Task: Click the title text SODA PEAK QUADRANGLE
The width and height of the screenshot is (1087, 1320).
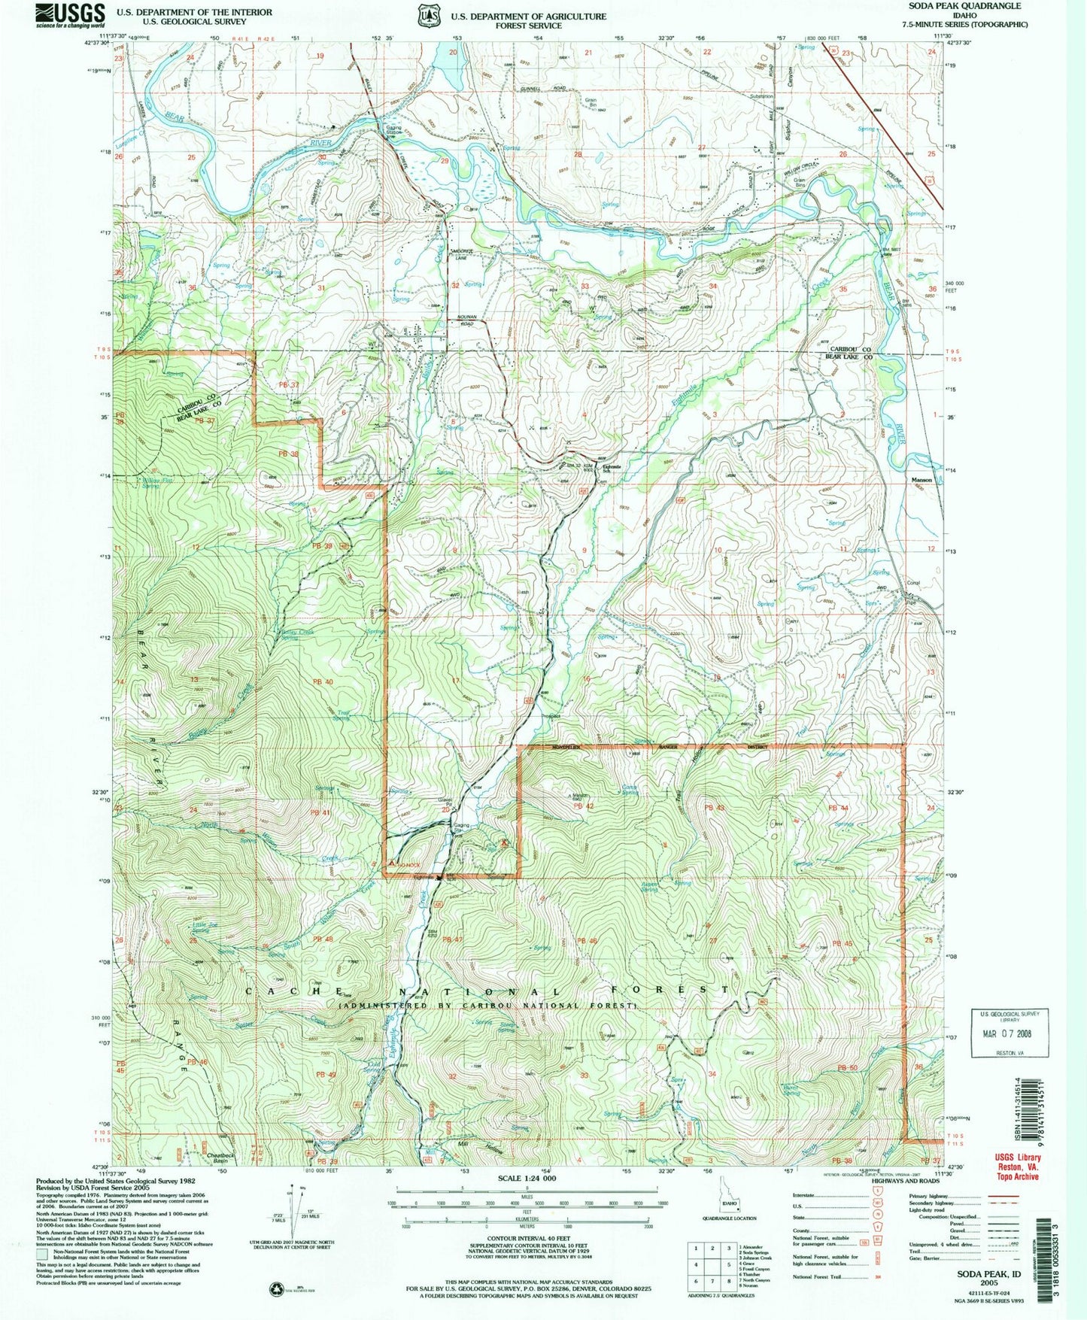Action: (970, 6)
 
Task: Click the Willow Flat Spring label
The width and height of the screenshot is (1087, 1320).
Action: (157, 482)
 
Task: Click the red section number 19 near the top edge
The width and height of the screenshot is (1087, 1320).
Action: (319, 56)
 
